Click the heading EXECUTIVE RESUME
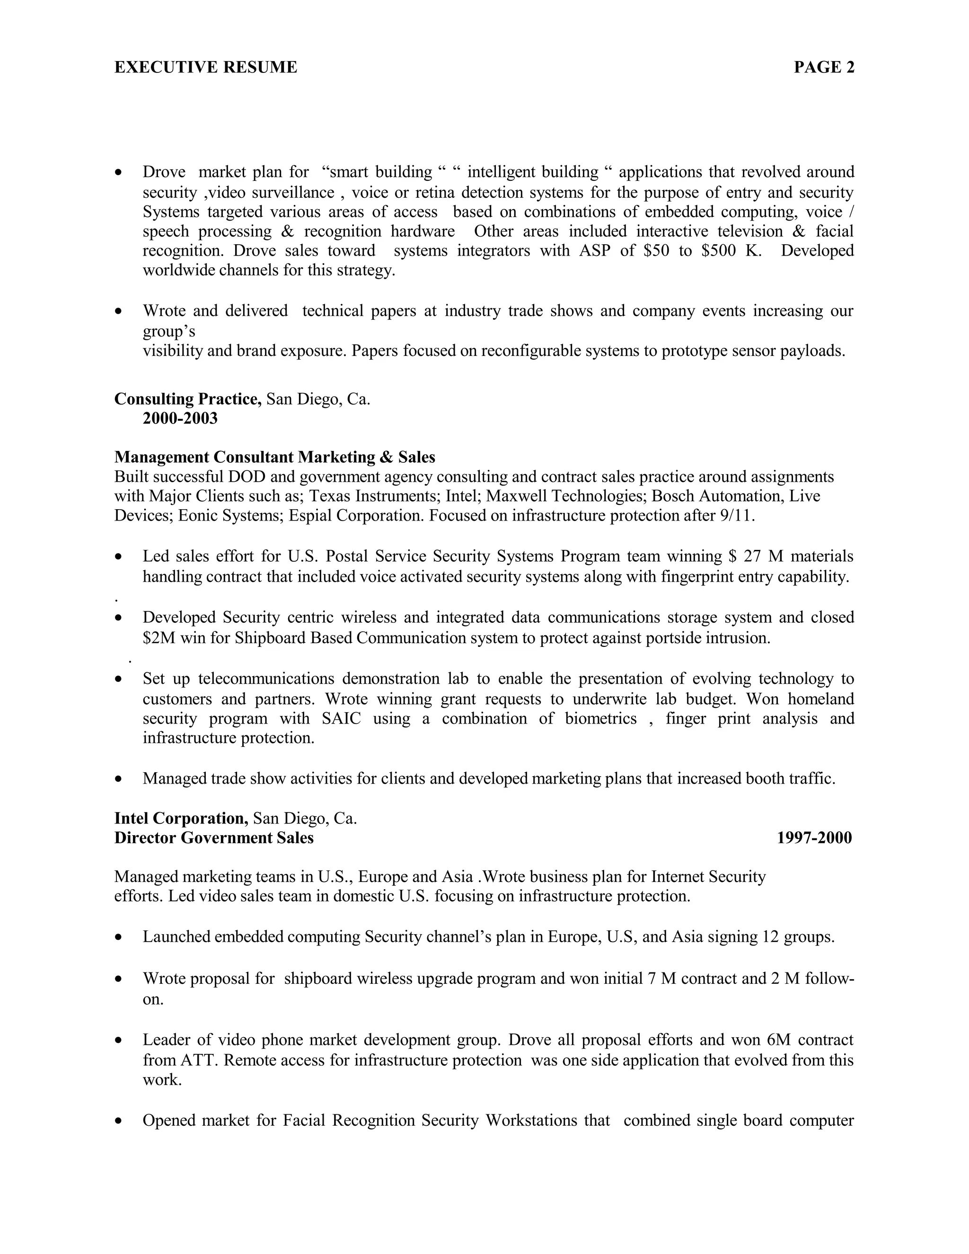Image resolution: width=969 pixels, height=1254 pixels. [205, 68]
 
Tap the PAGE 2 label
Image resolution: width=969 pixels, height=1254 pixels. [824, 68]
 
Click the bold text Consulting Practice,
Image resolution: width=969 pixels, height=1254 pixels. [188, 398]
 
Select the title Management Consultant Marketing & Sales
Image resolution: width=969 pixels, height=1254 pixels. [274, 457]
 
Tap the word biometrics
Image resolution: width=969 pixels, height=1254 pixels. [600, 719]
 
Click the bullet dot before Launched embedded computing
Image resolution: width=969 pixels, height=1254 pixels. [119, 937]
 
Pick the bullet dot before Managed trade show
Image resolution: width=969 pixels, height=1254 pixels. [119, 779]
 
